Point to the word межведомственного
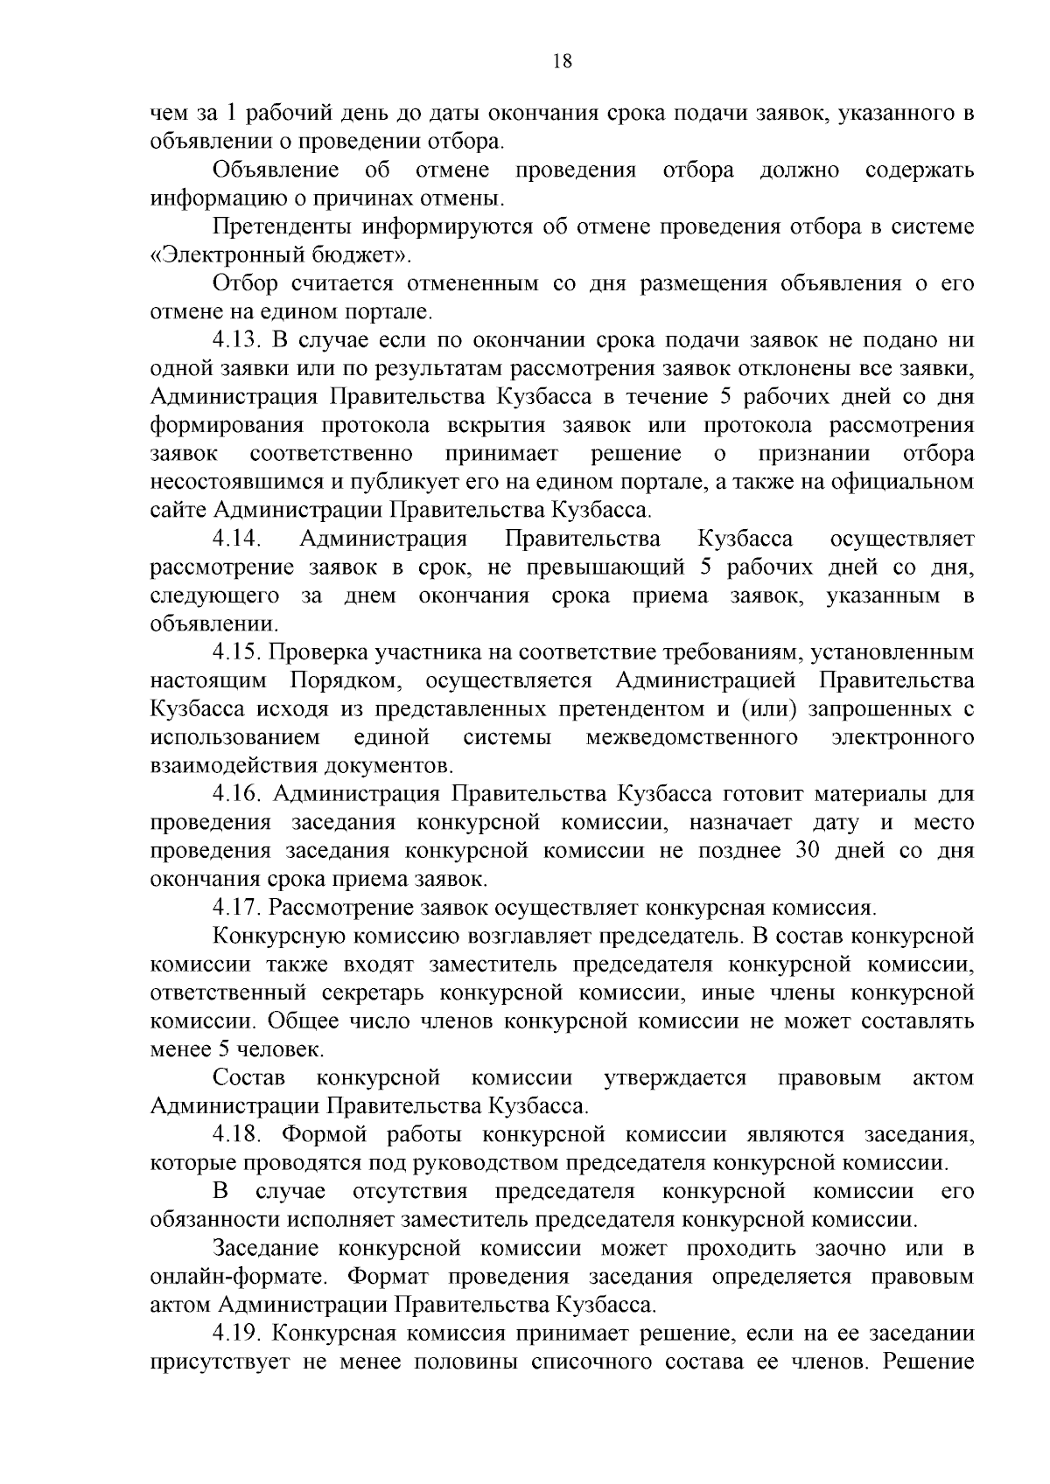click(691, 737)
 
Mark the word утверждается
click(675, 1078)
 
